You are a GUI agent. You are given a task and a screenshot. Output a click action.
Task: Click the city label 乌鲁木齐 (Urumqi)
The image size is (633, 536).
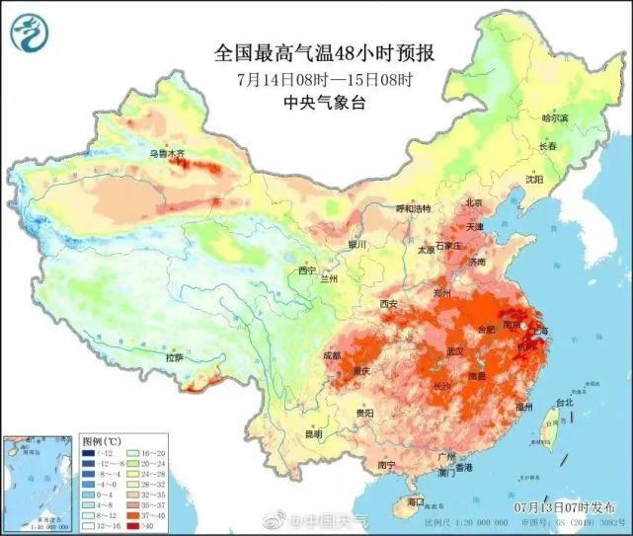coord(167,154)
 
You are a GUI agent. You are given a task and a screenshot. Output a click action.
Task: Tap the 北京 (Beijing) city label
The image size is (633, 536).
coord(475,203)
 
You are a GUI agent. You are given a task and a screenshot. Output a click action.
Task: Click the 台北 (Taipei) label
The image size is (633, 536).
coord(564,403)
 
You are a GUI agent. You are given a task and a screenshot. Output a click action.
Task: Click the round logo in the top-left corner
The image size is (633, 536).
coord(31,34)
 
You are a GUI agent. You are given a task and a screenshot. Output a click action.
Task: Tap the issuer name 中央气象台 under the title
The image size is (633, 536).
coord(323,103)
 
